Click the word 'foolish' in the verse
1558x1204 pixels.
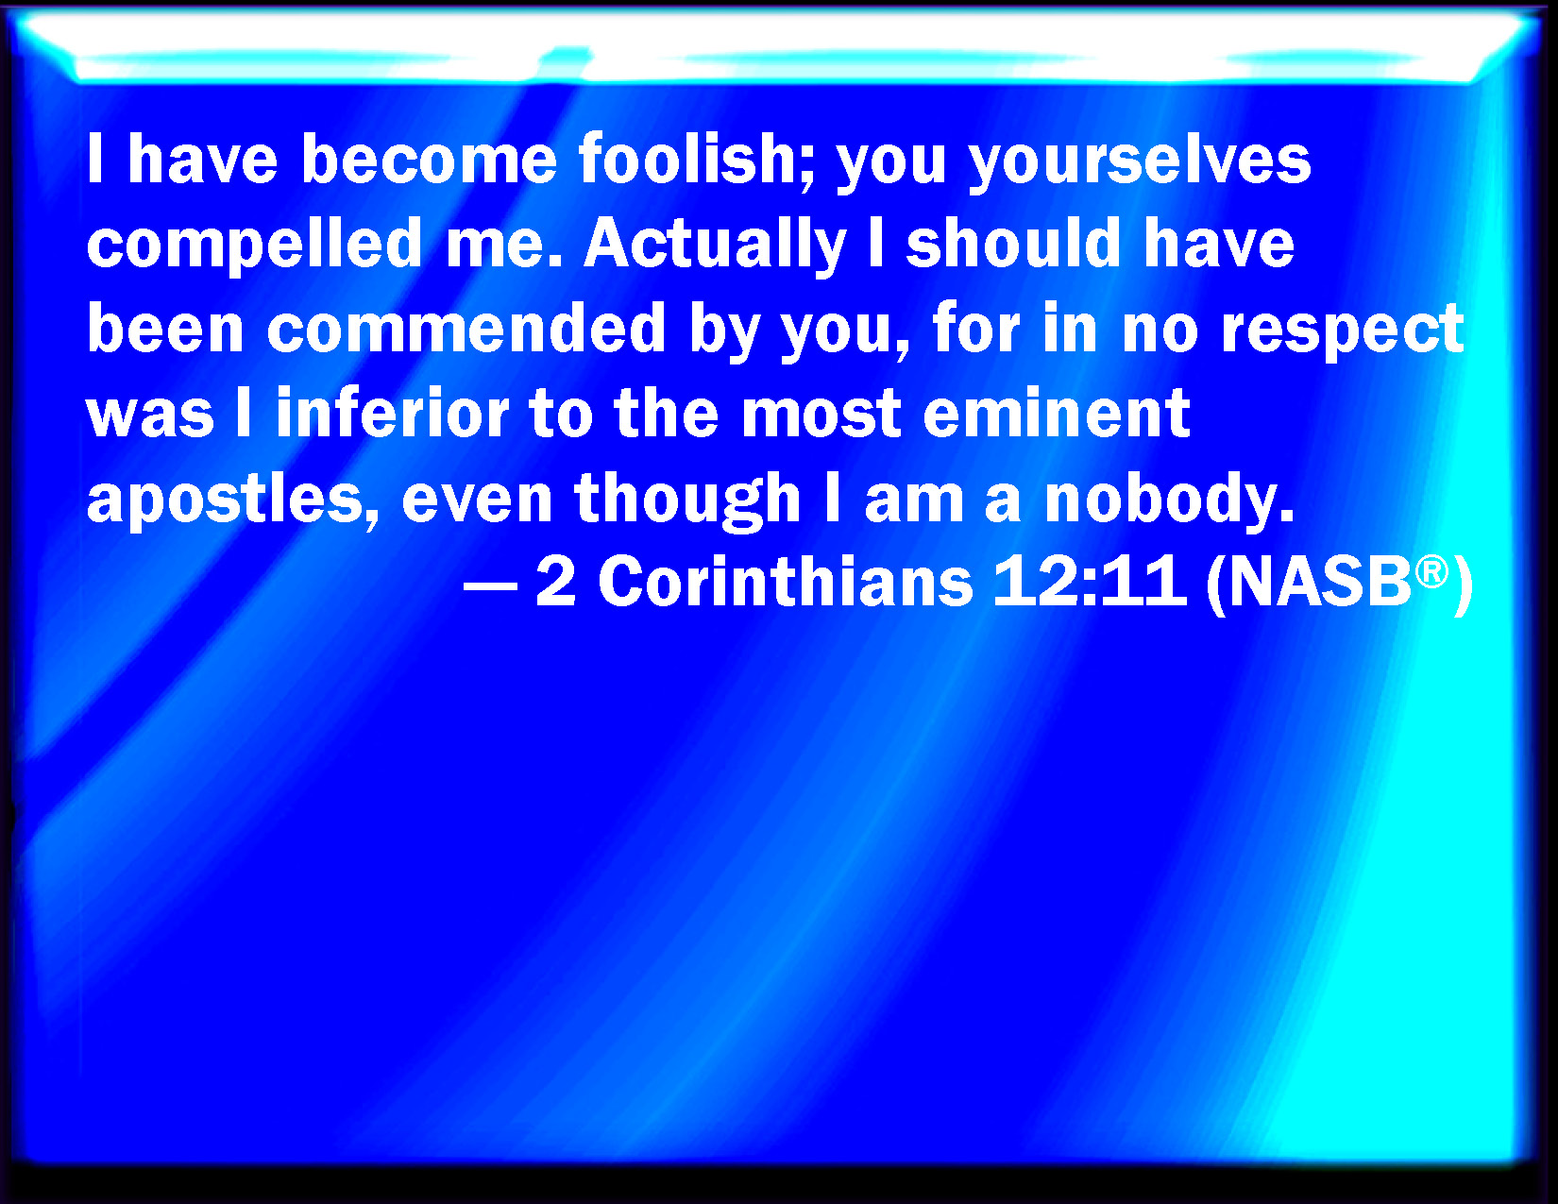click(697, 160)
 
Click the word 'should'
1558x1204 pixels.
click(1013, 244)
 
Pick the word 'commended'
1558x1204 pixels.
click(466, 329)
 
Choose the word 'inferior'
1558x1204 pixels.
click(393, 413)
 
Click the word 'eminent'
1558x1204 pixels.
click(1057, 413)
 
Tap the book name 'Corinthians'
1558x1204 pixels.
click(786, 582)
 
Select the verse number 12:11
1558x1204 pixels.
click(1090, 582)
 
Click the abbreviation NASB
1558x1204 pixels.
click(1320, 582)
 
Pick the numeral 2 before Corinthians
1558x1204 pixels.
click(556, 582)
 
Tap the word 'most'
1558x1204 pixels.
click(821, 414)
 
